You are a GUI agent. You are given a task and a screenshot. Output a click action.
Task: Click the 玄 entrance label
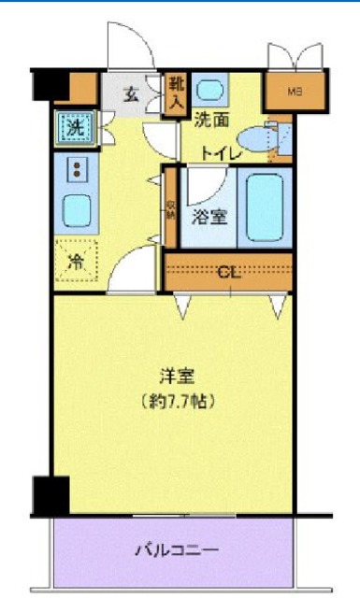coord(132,93)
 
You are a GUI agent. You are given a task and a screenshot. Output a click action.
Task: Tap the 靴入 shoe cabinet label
coord(175,94)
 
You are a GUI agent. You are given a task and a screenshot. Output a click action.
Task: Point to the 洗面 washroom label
coord(211,120)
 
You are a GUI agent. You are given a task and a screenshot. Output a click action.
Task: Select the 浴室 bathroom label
coord(208,218)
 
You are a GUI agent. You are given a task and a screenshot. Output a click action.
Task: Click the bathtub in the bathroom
coord(265,206)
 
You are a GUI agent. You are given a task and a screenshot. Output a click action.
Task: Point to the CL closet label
coord(227,272)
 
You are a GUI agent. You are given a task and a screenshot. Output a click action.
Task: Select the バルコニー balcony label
coord(181,550)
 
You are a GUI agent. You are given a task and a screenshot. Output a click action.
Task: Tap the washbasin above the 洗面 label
coord(211,92)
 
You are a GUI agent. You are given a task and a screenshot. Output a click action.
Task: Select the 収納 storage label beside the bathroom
coord(170,210)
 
